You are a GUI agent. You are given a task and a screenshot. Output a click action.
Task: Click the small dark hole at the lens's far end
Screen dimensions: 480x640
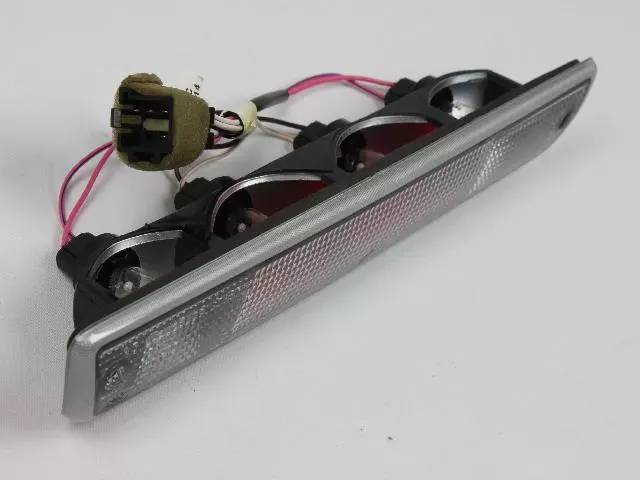click(566, 119)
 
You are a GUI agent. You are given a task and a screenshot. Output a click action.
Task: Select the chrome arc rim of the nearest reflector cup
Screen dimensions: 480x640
click(140, 240)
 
